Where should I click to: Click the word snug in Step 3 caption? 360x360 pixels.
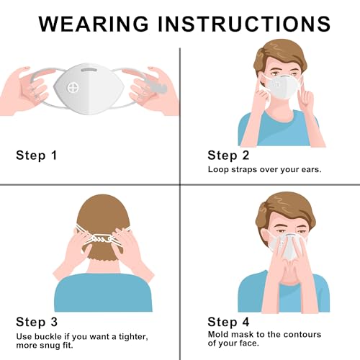[51, 346]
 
